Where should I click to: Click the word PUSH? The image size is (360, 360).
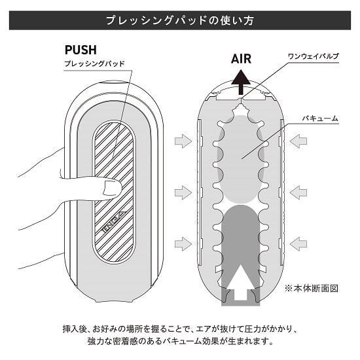coord(81,50)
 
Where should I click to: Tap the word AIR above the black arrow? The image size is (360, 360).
coord(241,58)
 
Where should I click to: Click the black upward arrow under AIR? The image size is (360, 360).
coord(241,82)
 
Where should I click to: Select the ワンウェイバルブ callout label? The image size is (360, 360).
coord(313,56)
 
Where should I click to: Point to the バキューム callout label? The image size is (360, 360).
coord(320,118)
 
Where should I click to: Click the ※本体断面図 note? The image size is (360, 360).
coord(312,288)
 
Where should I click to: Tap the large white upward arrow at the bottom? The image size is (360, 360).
coord(240,282)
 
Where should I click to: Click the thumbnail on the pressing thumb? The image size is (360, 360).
coord(112,187)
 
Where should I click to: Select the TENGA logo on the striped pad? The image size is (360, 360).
coord(113,223)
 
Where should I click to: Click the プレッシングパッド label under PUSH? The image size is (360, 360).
coord(95,63)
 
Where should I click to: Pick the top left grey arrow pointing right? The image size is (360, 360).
coord(183,141)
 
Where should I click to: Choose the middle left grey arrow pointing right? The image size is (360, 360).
coord(183,192)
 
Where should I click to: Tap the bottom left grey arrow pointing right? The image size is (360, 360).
coord(183,243)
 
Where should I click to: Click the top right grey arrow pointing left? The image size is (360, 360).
coord(298,141)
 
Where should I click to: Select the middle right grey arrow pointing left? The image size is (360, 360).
coord(298,192)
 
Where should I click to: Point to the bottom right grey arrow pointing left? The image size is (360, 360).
coord(298,243)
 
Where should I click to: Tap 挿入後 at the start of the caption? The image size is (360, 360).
coord(75,329)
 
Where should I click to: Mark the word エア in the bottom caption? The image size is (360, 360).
coord(204,329)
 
